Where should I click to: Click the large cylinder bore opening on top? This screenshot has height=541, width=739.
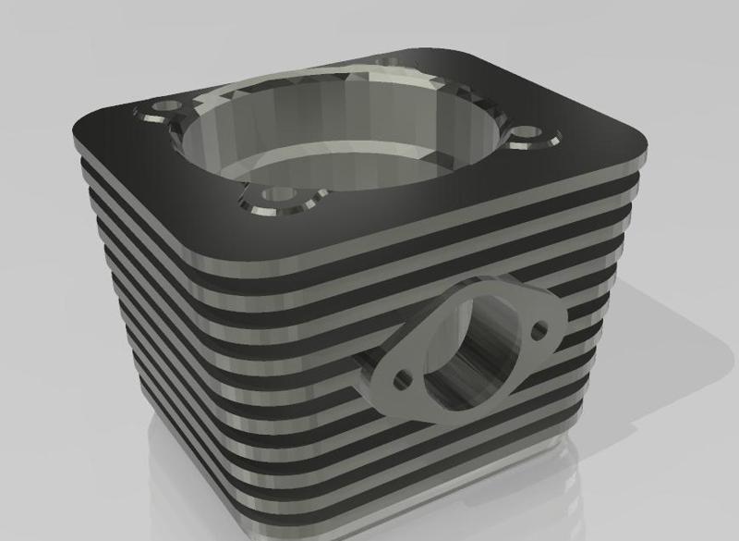(x=342, y=139)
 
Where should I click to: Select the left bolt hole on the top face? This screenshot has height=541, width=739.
(x=164, y=110)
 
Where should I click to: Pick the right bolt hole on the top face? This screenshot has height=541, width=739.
(x=528, y=135)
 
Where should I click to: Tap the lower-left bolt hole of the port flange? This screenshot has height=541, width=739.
(x=402, y=379)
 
